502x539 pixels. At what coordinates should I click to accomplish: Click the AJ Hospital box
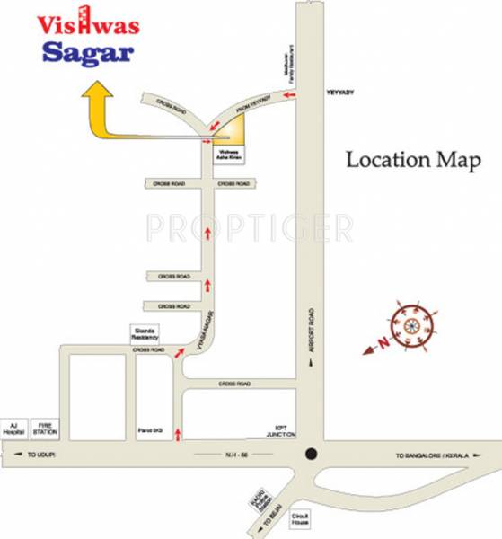tap(13, 429)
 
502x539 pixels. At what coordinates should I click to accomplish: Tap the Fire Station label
tap(45, 429)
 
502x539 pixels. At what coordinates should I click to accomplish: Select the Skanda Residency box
tap(145, 333)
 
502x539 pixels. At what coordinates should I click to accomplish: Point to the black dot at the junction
tap(310, 455)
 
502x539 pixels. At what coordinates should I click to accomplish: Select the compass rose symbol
tap(412, 323)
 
